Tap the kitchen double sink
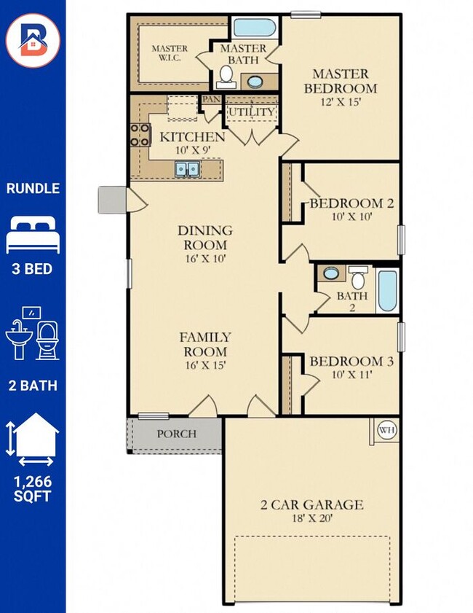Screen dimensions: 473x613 click(x=187, y=169)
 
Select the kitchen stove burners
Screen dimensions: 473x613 click(x=140, y=135)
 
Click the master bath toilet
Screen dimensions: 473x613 click(x=226, y=77)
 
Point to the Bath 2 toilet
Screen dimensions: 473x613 click(x=358, y=278)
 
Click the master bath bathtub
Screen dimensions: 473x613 click(x=255, y=28)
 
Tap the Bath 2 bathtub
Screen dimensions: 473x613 click(x=388, y=291)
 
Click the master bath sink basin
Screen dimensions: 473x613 click(x=255, y=82)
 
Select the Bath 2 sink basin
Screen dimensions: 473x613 click(x=331, y=273)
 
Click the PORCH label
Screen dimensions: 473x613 click(x=176, y=434)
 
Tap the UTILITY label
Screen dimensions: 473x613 click(x=252, y=112)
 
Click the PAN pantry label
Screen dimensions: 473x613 click(x=211, y=99)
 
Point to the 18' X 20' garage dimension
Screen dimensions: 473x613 click(x=312, y=518)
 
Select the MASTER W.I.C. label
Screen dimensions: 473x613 click(x=170, y=53)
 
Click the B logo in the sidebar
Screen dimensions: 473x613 click(x=33, y=40)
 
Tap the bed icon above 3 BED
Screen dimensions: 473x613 click(x=33, y=234)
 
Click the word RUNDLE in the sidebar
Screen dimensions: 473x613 click(x=33, y=189)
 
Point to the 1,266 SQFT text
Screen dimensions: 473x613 click(x=33, y=488)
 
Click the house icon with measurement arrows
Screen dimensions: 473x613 click(x=33, y=440)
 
